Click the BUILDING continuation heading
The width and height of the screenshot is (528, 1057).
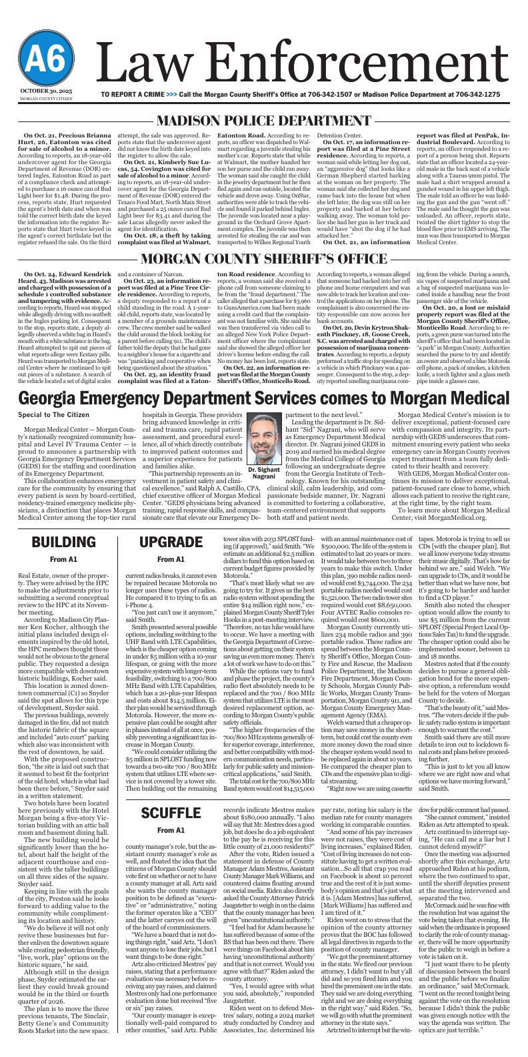pyautogui.click(x=63, y=541)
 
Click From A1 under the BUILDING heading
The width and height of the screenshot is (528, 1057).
pyautogui.click(x=63, y=559)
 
